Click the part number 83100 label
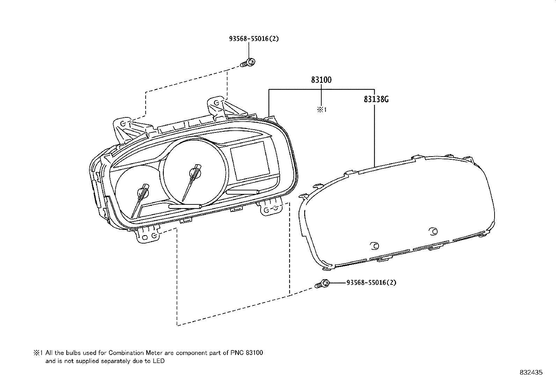pos(321,80)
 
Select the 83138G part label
pos(376,99)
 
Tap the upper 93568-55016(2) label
pos(254,39)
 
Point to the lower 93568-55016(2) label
pos(371,283)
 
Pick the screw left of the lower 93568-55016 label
pos(322,284)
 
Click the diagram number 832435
pos(531,372)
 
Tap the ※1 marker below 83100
pos(322,109)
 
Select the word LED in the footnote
pos(159,361)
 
